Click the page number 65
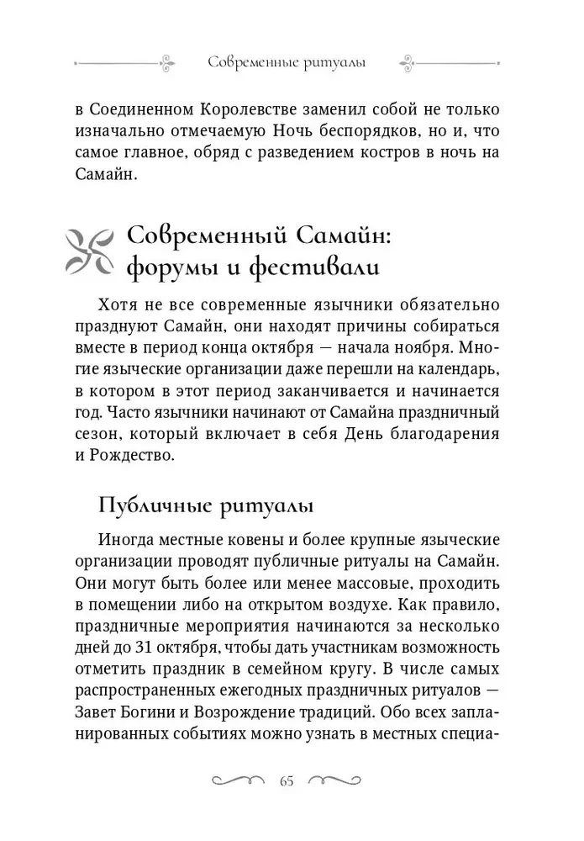tap(287, 780)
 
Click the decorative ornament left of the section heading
tap(88, 249)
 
